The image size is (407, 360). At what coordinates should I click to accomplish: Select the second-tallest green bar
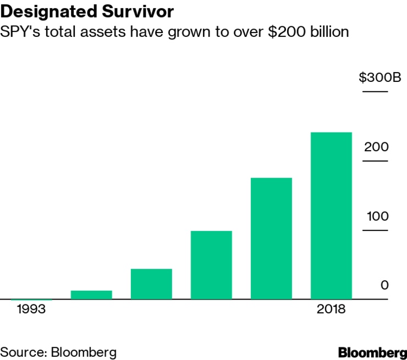271,239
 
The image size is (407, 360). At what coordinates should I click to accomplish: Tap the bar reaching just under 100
211,265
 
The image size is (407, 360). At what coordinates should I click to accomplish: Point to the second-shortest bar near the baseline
91,295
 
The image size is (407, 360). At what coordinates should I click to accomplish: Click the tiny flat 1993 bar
31,300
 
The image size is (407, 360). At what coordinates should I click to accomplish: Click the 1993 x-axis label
31,309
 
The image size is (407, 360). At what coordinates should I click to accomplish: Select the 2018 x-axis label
331,309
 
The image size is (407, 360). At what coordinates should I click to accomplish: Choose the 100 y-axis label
378,216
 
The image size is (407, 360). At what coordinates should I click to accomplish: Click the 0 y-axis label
384,285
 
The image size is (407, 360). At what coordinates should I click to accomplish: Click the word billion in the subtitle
327,32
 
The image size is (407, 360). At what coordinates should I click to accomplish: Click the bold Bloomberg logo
372,352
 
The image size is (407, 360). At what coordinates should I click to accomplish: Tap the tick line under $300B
378,91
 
